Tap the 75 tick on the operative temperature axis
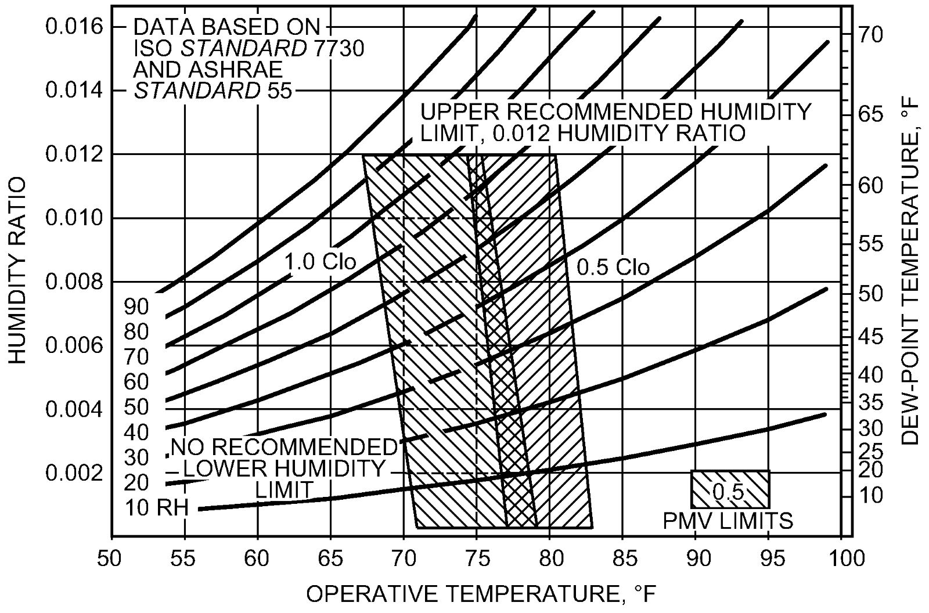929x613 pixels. [476, 558]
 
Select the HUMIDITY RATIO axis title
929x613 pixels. [17, 271]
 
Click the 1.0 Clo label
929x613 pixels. [320, 262]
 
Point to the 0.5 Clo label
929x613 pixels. [613, 267]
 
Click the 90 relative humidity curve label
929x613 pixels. [136, 306]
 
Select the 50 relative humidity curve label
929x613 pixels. [136, 408]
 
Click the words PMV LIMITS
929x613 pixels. [728, 521]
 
